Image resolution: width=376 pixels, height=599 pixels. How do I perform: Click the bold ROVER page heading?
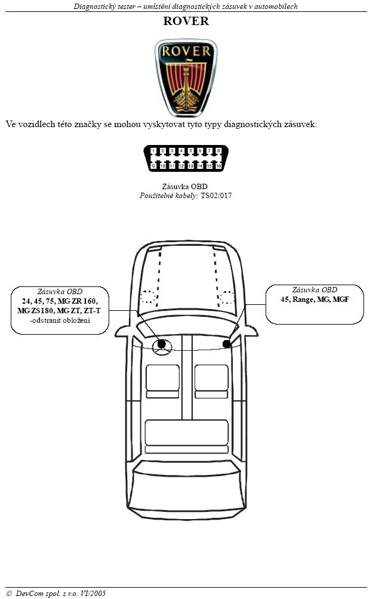(186, 21)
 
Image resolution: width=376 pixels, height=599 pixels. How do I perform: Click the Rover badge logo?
(186, 78)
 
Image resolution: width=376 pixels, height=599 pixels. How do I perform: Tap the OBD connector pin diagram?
(186, 158)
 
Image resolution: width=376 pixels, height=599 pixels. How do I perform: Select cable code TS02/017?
(216, 196)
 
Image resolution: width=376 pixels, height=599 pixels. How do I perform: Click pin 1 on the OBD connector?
(153, 152)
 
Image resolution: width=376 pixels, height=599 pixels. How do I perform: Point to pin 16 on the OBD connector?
(218, 166)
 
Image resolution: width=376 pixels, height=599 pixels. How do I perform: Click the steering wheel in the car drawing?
(162, 347)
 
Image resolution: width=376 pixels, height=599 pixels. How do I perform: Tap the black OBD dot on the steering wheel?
(162, 344)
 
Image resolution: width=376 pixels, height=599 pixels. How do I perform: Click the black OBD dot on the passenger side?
(227, 344)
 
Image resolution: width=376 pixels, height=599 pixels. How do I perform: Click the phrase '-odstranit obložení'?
(60, 320)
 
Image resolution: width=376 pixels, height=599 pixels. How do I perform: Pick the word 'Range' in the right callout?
(303, 299)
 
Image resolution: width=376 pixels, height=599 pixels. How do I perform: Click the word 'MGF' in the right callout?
(340, 299)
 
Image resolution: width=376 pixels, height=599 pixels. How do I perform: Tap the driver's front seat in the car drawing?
(162, 381)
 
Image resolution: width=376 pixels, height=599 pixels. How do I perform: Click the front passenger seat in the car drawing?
(211, 381)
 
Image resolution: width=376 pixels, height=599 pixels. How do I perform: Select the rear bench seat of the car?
(186, 436)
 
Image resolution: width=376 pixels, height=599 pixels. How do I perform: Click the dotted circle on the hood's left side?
(147, 297)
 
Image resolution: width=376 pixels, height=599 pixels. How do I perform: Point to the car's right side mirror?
(251, 331)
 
